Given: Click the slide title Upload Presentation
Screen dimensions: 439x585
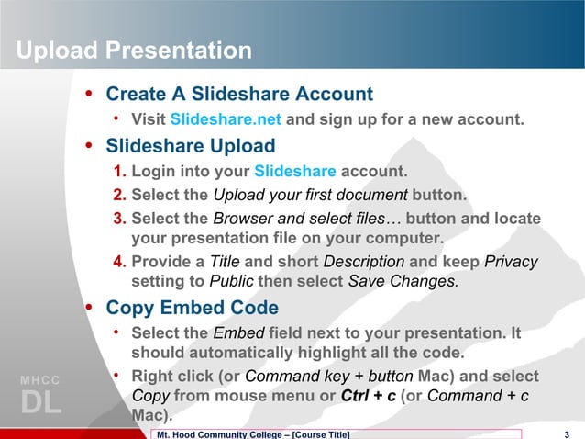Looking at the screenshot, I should click(133, 50).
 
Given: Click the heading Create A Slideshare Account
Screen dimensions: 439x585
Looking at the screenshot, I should click(239, 94).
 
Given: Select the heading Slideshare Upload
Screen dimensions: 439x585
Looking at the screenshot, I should click(190, 145).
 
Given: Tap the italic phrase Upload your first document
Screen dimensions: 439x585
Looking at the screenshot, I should click(310, 195).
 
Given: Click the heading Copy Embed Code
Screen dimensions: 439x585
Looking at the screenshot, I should click(193, 307).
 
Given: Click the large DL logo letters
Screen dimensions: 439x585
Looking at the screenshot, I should click(40, 403).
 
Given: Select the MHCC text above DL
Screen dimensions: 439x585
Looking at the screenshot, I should click(40, 380).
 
